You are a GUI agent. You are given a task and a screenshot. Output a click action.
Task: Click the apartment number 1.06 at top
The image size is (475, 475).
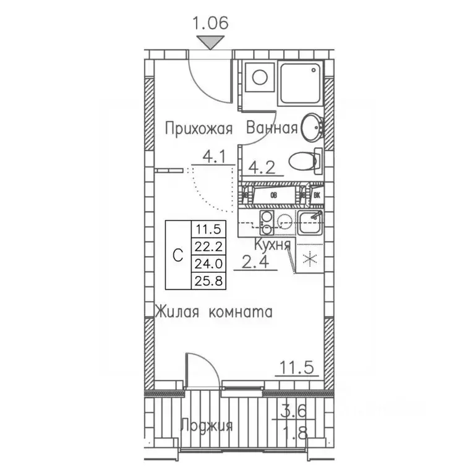tap(211, 24)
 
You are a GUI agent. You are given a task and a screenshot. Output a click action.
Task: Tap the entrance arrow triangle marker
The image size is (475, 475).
tap(211, 43)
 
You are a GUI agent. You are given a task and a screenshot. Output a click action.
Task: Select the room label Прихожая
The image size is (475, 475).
tap(199, 129)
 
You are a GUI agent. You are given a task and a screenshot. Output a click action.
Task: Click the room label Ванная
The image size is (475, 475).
tap(272, 129)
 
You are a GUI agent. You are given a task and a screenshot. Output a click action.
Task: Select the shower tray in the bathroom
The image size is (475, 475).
tap(301, 82)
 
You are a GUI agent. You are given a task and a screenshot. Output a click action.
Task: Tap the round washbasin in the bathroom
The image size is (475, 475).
tap(312, 127)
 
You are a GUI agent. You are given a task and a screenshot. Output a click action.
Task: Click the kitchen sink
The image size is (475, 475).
tap(310, 222)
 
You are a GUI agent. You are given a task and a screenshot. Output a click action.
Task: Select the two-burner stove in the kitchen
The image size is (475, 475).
tap(267, 223)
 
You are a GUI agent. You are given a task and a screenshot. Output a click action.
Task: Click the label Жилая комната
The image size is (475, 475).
tap(213, 312)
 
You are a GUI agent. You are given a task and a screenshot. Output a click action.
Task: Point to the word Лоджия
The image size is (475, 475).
tap(207, 426)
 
